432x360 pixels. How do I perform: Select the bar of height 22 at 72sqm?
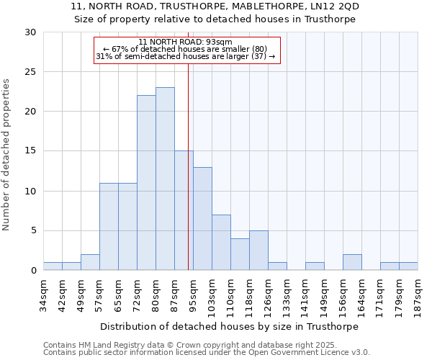tap(146, 183)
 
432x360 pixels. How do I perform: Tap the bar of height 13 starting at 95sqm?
tap(202, 219)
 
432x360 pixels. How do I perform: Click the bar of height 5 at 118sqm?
tap(258, 251)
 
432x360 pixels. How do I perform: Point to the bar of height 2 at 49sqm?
tap(90, 262)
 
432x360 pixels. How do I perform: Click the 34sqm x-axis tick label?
tap(43, 294)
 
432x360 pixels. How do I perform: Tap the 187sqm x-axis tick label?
tap(418, 294)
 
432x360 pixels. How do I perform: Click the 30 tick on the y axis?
tap(31, 32)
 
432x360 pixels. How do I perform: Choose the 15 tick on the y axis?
tap(31, 151)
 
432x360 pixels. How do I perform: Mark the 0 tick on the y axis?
tap(34, 271)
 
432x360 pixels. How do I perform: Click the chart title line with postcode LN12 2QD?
tap(215, 6)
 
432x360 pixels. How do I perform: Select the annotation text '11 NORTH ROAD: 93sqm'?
tap(185, 42)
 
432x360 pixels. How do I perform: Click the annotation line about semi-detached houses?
tap(185, 57)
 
